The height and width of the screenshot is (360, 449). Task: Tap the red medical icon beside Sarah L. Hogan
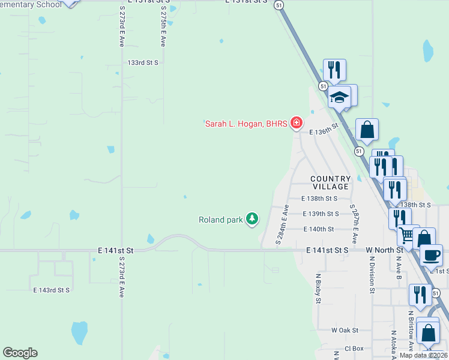(x=295, y=124)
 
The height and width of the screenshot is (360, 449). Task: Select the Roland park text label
(x=220, y=220)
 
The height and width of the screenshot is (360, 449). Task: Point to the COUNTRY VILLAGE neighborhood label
(x=330, y=183)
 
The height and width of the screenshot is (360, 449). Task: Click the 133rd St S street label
(x=143, y=62)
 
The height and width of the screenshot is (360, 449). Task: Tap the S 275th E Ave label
(x=163, y=27)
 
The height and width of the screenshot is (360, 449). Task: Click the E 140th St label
(x=318, y=229)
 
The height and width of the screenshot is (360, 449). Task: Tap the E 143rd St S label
(x=51, y=290)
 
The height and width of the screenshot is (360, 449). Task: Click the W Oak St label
(x=345, y=330)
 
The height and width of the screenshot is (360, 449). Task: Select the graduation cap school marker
(x=340, y=97)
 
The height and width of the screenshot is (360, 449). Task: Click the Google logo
(x=20, y=353)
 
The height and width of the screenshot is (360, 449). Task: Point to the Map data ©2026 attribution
(x=423, y=355)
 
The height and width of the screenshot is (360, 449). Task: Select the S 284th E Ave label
(x=282, y=224)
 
